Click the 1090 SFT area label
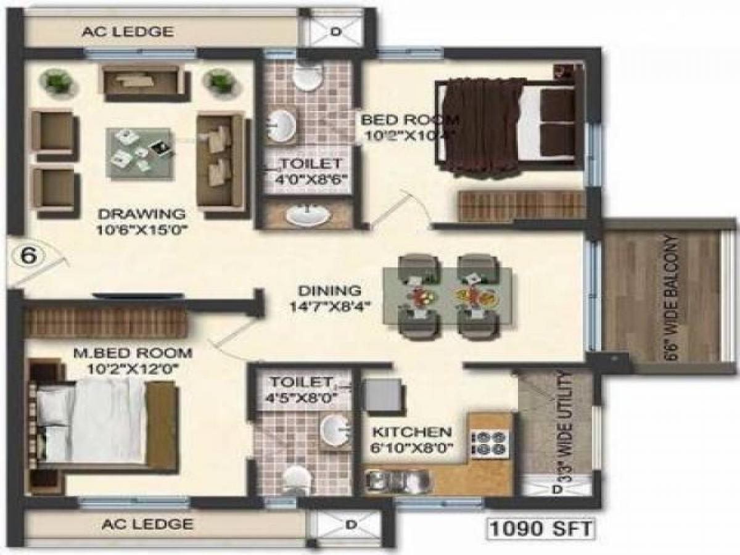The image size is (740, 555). (x=541, y=529)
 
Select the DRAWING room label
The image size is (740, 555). (x=142, y=215)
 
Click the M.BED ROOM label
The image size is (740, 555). (x=133, y=353)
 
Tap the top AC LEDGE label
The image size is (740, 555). (x=128, y=31)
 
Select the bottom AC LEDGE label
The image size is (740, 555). (x=146, y=524)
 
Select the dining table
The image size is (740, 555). (x=447, y=295)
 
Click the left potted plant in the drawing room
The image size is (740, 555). (x=57, y=81)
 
